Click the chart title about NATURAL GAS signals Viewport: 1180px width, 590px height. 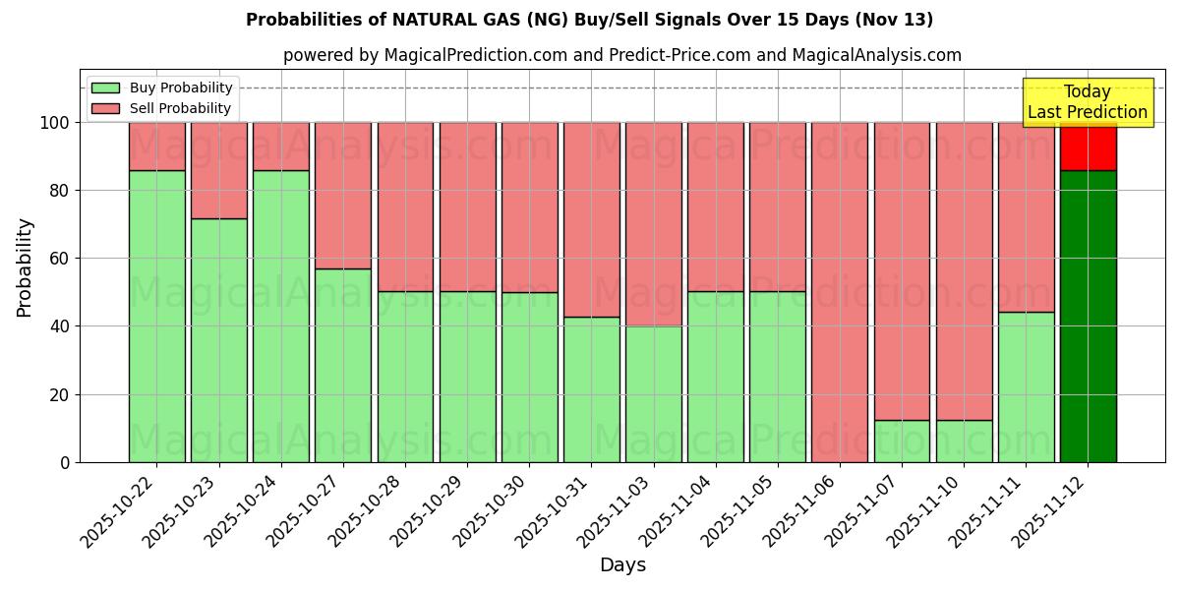tap(589, 20)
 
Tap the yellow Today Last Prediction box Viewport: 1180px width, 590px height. tap(1087, 102)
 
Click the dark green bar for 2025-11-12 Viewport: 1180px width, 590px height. tap(1088, 316)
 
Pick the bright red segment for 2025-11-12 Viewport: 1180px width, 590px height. tap(1088, 147)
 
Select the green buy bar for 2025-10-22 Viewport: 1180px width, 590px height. tap(157, 316)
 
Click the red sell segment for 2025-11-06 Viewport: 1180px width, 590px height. tap(840, 292)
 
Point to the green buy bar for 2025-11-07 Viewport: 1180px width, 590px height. tap(902, 441)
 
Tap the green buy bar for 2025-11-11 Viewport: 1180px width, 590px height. tap(1026, 386)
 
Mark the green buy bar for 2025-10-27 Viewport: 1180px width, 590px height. tap(343, 365)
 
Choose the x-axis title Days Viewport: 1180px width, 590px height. tap(622, 564)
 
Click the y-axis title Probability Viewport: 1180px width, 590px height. tap(26, 266)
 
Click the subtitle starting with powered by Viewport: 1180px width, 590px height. tap(621, 55)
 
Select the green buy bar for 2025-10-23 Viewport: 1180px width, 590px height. tap(219, 340)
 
